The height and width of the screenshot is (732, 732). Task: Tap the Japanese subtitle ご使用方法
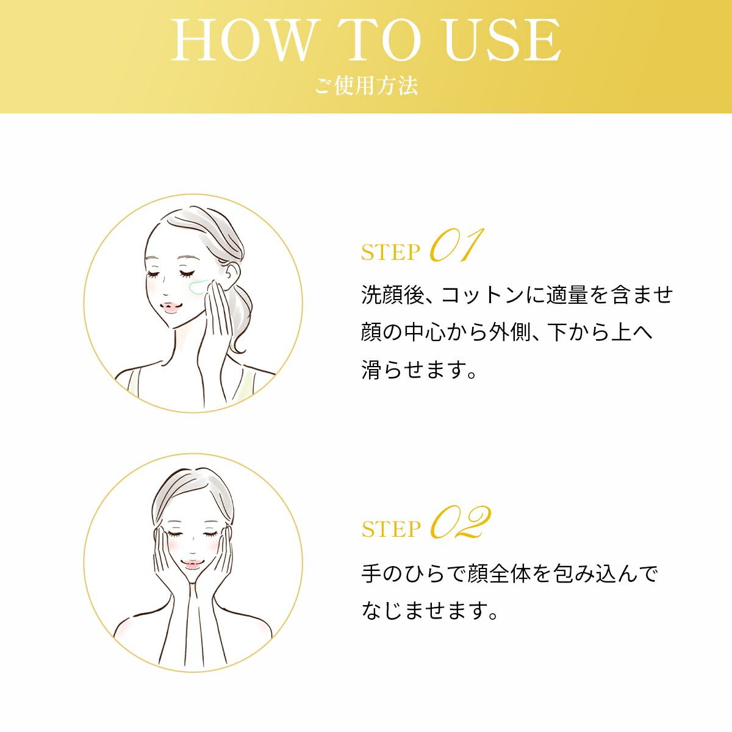click(366, 85)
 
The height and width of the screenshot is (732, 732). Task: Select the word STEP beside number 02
click(391, 529)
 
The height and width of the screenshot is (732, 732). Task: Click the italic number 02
click(461, 523)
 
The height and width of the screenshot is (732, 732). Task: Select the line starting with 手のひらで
click(509, 574)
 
